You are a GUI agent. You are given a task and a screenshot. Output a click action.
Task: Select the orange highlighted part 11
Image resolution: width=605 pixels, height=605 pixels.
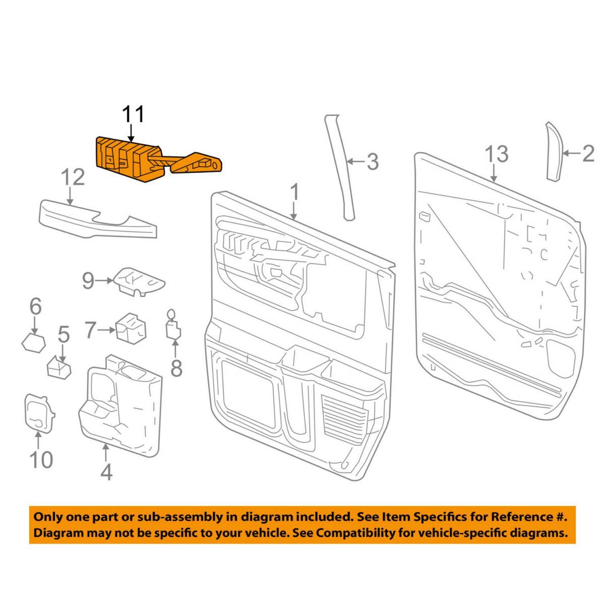pyautogui.click(x=129, y=157)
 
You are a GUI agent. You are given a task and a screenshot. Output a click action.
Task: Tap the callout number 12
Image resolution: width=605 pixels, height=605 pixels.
pyautogui.click(x=73, y=178)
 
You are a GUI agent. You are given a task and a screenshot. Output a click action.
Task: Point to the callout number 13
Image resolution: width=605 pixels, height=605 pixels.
pyautogui.click(x=497, y=154)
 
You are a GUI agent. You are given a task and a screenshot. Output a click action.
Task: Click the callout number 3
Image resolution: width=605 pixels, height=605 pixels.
pyautogui.click(x=372, y=162)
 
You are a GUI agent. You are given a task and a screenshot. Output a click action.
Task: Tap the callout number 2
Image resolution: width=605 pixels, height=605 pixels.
pyautogui.click(x=588, y=154)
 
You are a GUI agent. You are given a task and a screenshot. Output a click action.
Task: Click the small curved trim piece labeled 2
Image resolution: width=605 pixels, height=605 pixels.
pyautogui.click(x=554, y=151)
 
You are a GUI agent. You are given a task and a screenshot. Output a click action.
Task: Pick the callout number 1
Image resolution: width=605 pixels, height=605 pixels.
pyautogui.click(x=294, y=193)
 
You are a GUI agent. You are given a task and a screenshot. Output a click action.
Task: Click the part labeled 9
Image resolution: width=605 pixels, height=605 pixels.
pyautogui.click(x=140, y=280)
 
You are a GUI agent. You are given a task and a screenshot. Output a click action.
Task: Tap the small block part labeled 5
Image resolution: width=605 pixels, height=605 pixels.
pyautogui.click(x=59, y=368)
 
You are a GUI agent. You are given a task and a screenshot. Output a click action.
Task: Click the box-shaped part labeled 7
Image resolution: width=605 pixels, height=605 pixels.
pyautogui.click(x=131, y=328)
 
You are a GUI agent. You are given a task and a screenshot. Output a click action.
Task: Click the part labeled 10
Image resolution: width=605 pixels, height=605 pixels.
pyautogui.click(x=38, y=411)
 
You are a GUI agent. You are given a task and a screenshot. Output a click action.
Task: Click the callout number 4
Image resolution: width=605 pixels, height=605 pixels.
pyautogui.click(x=106, y=472)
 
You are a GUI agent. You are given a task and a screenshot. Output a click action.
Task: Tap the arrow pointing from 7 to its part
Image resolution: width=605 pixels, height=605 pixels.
pyautogui.click(x=107, y=331)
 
